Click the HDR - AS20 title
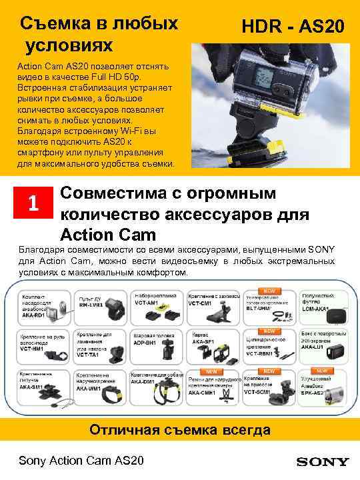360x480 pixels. coord(293,27)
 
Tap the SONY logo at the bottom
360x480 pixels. coord(323,461)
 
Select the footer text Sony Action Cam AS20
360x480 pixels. coord(81,461)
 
